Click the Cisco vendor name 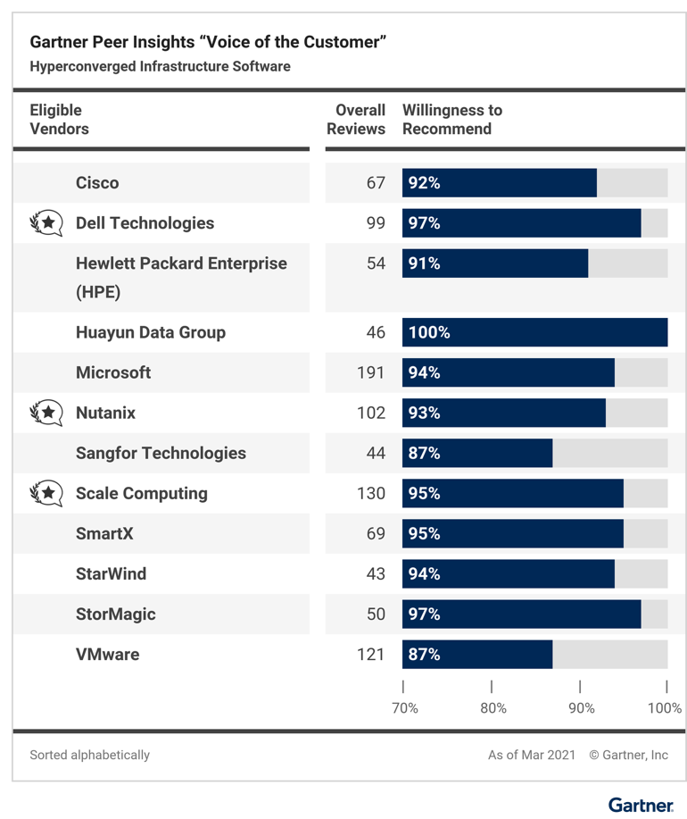coord(97,183)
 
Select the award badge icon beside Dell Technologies coord(46,222)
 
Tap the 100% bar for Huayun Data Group coord(534,332)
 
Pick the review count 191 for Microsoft coord(370,372)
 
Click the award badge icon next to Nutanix coord(46,413)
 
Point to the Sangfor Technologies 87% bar coord(477,453)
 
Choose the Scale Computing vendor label coord(141,493)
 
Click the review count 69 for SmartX coord(376,533)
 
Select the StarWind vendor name coord(111,573)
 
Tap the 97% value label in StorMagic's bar coord(424,614)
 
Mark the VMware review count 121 coord(370,655)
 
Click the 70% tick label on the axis coord(405,708)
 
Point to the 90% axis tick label coord(582,708)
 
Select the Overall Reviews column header coord(357,120)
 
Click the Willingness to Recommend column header coord(452,120)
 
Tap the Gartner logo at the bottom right coord(641,805)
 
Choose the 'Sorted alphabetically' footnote coord(90,755)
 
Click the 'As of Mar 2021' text coord(532,755)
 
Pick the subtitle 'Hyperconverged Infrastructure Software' coord(161,66)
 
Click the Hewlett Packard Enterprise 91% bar coord(495,263)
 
